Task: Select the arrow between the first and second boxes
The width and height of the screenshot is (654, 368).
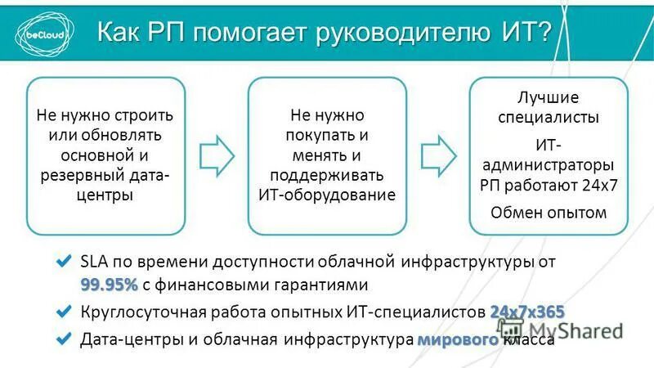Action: [217, 155]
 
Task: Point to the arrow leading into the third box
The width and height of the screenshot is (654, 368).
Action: [438, 155]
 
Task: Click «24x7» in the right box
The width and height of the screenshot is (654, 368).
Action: [598, 183]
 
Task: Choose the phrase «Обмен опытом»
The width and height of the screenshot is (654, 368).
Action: [548, 213]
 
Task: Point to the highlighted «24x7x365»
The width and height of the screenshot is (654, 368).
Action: [526, 312]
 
